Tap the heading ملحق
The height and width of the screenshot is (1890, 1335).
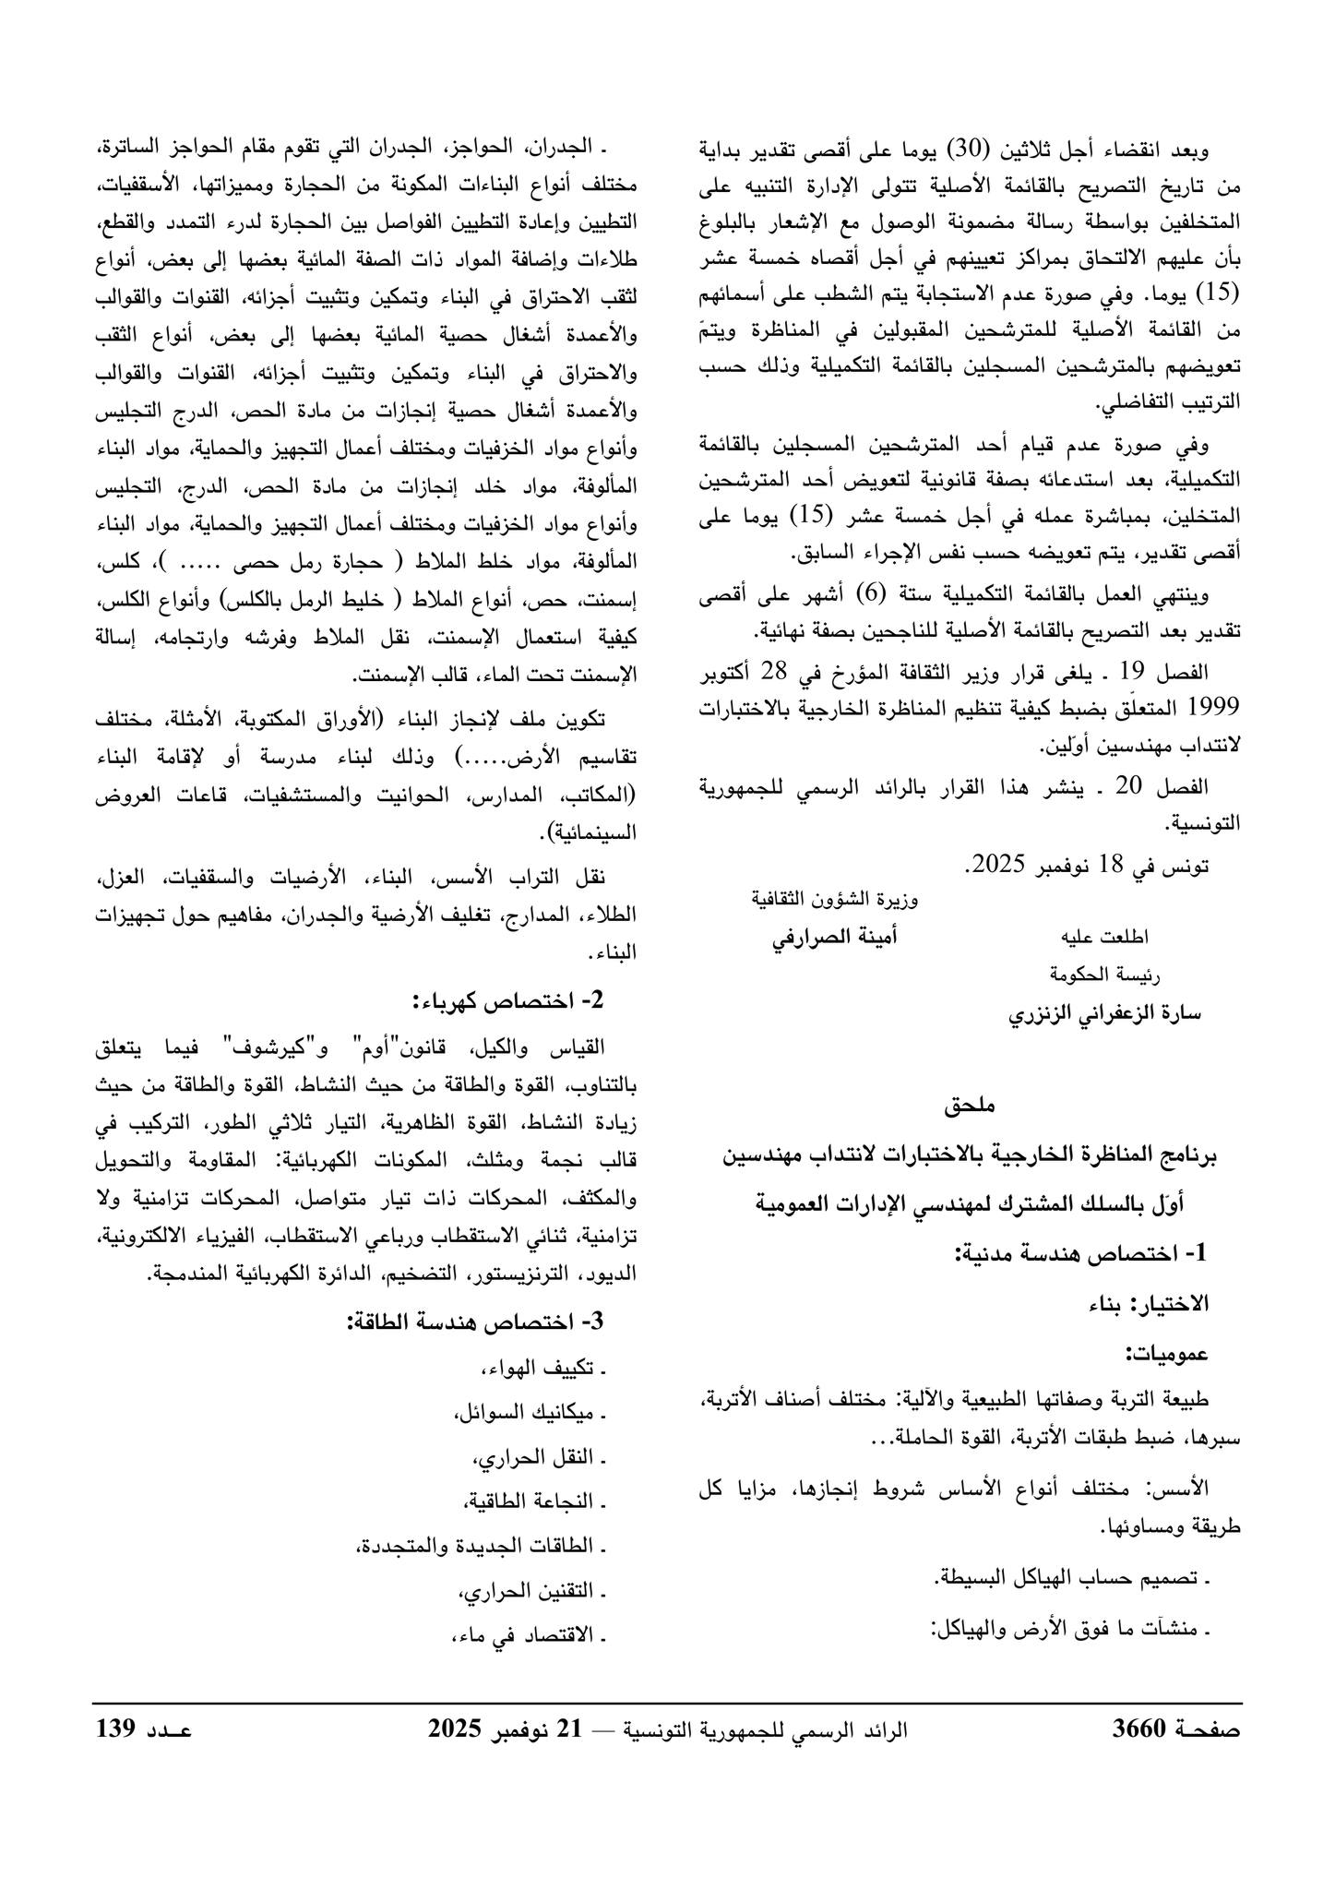tap(969, 1104)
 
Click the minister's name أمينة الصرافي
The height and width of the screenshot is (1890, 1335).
tap(835, 937)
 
